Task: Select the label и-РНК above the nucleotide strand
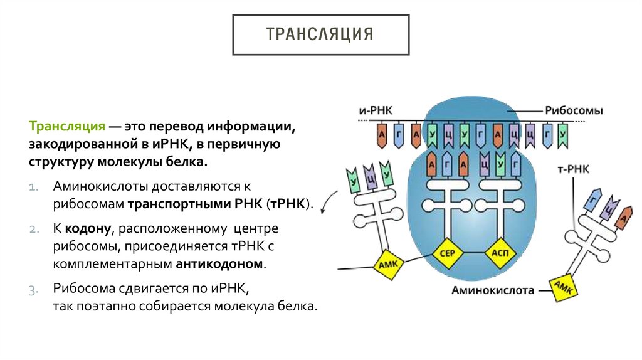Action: pos(376,109)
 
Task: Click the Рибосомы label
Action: pos(574,111)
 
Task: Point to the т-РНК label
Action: pos(573,169)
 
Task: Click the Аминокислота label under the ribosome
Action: pos(492,290)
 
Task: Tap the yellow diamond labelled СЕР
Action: pos(448,253)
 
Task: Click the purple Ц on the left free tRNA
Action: pos(371,177)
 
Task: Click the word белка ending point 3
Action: pos(297,307)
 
